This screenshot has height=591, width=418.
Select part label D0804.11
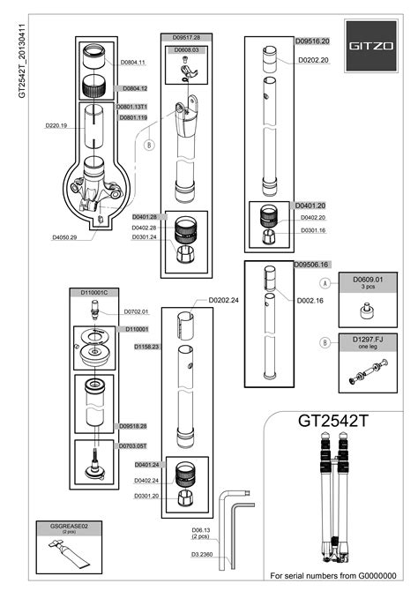[132, 63]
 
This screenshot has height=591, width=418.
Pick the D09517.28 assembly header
[183, 38]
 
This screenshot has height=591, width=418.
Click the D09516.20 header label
[311, 41]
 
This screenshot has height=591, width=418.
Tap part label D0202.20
[313, 60]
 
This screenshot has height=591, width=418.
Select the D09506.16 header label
[311, 265]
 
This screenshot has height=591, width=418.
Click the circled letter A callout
[325, 284]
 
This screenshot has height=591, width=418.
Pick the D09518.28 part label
[132, 425]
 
